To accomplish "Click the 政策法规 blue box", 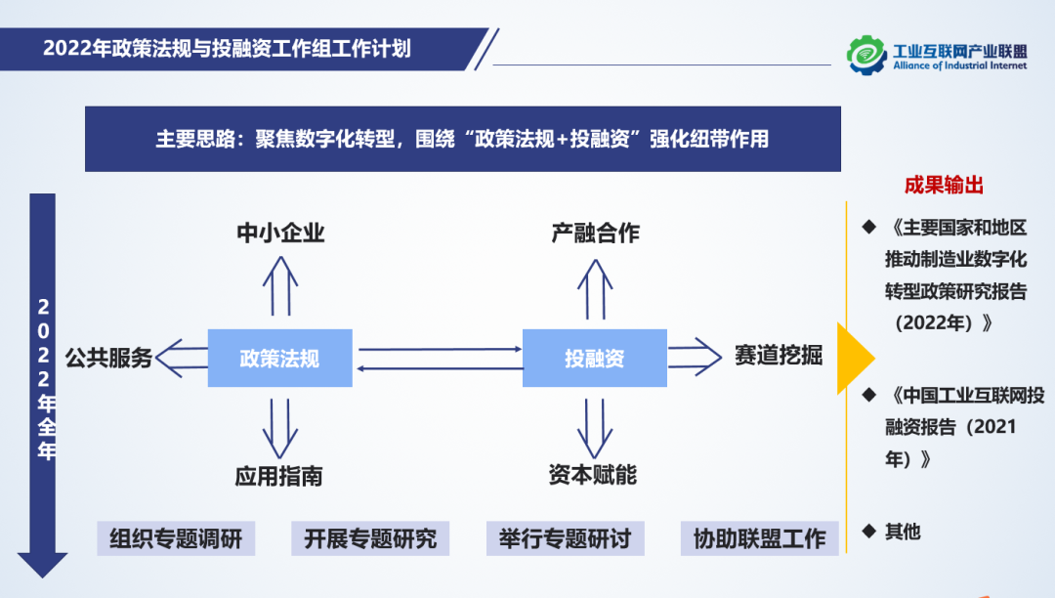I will coord(279,358).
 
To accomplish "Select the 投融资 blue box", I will coord(594,358).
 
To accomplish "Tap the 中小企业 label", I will coord(280,233).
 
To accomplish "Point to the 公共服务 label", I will coord(109,358).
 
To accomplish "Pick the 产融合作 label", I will coord(595,233).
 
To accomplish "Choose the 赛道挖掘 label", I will coord(779,356).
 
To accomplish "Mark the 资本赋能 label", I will coord(593,475).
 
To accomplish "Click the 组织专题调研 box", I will coord(176,538).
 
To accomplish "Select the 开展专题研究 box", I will coord(370,538).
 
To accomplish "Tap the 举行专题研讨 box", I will coord(566,538).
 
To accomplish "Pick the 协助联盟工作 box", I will coord(760,538).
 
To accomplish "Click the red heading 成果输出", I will coord(944,186).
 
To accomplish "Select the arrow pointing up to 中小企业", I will coord(280,284).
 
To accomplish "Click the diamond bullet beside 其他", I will coord(867,531).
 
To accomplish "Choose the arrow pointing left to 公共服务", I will coord(183,358).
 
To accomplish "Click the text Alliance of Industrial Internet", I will coord(959,66).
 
